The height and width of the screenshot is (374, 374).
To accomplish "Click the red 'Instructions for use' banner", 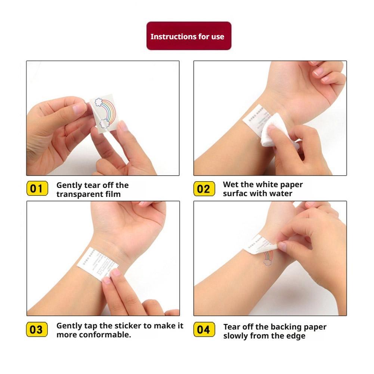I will pos(189,36).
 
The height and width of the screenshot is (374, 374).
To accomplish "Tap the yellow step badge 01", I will pos(37,189).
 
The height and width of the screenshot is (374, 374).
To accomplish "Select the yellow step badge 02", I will pos(204,189).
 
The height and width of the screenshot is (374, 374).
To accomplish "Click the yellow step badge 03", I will pos(37,330).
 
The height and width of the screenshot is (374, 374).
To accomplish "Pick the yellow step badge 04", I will pos(204,330).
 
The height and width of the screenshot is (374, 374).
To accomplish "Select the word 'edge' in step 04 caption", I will pos(295,336).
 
